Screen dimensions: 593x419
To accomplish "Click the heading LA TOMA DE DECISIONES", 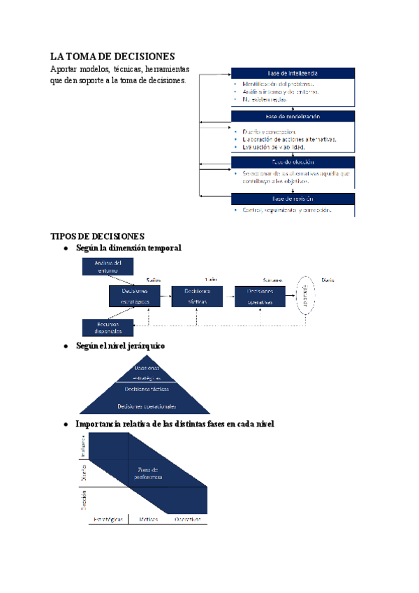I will pos(112,56).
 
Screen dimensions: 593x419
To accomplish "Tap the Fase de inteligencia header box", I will pos(293,74).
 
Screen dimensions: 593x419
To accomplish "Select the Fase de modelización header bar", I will pos(293,117).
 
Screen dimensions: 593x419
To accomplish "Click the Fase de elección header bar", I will pos(293,162).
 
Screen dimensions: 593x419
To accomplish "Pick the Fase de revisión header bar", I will pos(293,199).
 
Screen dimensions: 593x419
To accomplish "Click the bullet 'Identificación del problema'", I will pos(277,84).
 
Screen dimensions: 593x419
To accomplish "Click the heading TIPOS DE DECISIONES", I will pos(98,236).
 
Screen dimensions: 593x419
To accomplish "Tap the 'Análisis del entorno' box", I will pos(108,266).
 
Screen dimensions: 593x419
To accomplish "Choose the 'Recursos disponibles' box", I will pos(108,327).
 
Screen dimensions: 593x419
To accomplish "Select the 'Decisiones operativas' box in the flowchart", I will pos(260,296).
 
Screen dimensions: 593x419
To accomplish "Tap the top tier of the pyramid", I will pos(147,370).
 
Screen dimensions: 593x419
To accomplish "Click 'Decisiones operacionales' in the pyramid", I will pos(147,406).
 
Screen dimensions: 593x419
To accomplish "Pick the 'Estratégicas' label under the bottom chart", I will pos(108,520).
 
